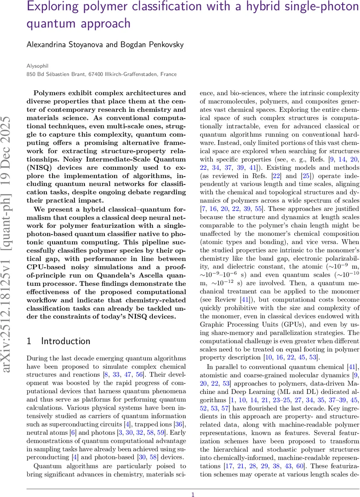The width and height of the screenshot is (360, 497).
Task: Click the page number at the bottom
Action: pos(193,494)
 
